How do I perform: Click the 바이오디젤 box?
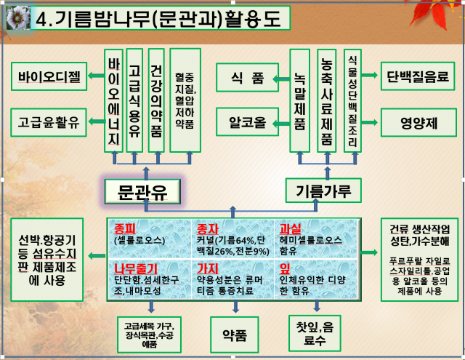(49, 74)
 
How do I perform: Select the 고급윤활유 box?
(49, 121)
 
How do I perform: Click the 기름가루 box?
(323, 191)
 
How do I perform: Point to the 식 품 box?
(247, 78)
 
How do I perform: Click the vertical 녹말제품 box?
(300, 100)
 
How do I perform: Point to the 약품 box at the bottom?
(234, 335)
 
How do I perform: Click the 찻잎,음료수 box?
(315, 332)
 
